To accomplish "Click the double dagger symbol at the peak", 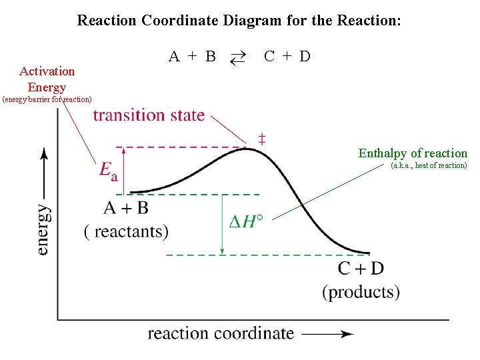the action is pyautogui.click(x=262, y=139).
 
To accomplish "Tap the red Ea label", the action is pyautogui.click(x=109, y=171).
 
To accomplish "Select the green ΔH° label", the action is pyautogui.click(x=245, y=222).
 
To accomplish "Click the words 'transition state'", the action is pyautogui.click(x=149, y=115).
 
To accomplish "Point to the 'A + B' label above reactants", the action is pyautogui.click(x=126, y=208).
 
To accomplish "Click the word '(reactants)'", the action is pyautogui.click(x=126, y=231).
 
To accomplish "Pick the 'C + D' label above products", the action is pyautogui.click(x=361, y=269).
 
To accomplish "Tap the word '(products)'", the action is pyautogui.click(x=361, y=292).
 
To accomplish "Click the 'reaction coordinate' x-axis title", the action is pyautogui.click(x=221, y=333).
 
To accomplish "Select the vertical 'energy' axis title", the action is pyautogui.click(x=43, y=229).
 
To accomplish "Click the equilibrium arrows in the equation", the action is pyautogui.click(x=238, y=57).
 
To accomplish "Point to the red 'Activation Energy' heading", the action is pyautogui.click(x=47, y=79).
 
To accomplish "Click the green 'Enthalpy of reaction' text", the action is pyautogui.click(x=413, y=153).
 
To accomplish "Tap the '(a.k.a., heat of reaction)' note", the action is pyautogui.click(x=429, y=165).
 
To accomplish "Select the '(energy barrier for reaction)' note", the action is pyautogui.click(x=47, y=100).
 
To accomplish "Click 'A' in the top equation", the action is pyautogui.click(x=174, y=57).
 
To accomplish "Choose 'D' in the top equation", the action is pyautogui.click(x=305, y=57).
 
